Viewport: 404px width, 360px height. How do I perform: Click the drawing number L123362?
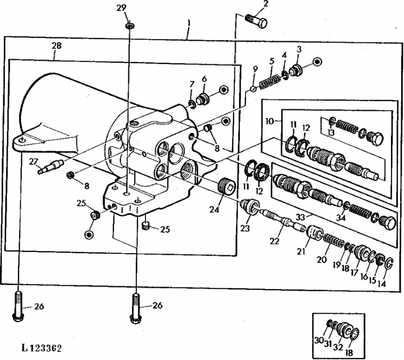pyautogui.click(x=42, y=349)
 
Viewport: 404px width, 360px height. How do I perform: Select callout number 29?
pyautogui.click(x=121, y=8)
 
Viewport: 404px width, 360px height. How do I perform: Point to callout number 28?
pyautogui.click(x=57, y=46)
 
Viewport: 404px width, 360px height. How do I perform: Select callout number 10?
pyautogui.click(x=269, y=121)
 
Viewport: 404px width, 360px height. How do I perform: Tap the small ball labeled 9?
pyautogui.click(x=253, y=89)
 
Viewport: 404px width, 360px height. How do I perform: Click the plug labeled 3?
pyautogui.click(x=296, y=70)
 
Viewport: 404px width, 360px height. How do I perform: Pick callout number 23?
pyautogui.click(x=245, y=228)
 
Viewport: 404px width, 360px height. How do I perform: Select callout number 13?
pyautogui.click(x=331, y=133)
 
